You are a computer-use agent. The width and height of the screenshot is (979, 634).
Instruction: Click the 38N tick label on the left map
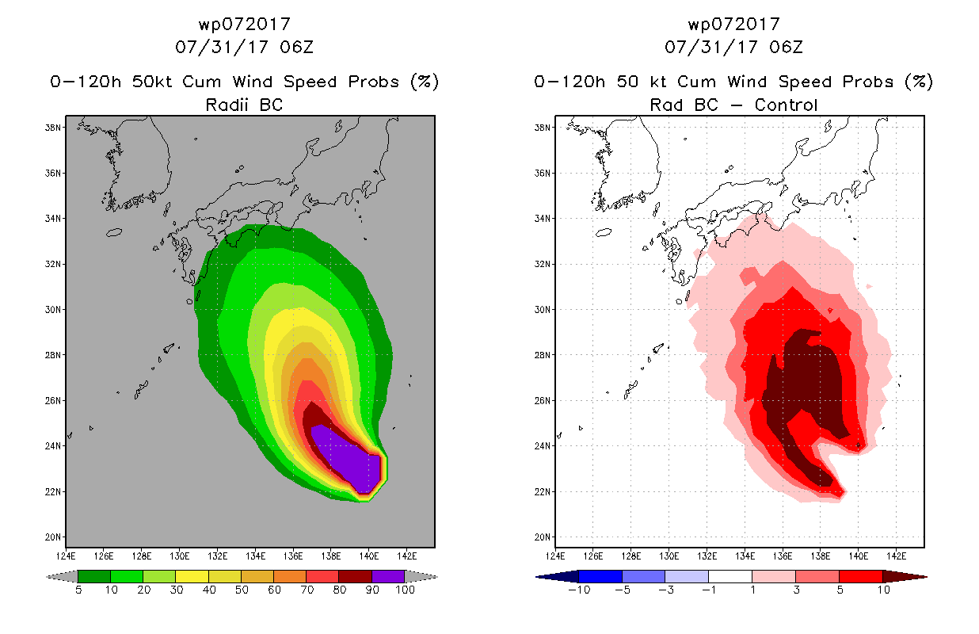pyautogui.click(x=52, y=128)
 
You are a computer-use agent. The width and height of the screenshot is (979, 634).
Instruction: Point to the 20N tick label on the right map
pyautogui.click(x=542, y=537)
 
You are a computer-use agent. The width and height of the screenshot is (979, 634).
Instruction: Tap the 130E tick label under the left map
pyautogui.click(x=180, y=556)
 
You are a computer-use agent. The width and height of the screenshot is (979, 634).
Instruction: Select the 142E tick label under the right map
pyautogui.click(x=897, y=556)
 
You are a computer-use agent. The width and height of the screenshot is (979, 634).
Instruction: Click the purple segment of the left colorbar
pyautogui.click(x=389, y=576)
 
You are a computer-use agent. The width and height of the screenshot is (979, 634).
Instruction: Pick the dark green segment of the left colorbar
pyautogui.click(x=94, y=576)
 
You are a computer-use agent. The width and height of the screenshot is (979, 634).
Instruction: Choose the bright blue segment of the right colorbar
pyautogui.click(x=600, y=576)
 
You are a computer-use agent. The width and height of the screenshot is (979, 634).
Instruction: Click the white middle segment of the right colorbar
pyautogui.click(x=730, y=576)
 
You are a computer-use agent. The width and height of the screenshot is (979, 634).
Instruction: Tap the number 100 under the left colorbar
pyautogui.click(x=406, y=590)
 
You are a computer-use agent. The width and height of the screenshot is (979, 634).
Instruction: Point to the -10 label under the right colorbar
pyautogui.click(x=579, y=590)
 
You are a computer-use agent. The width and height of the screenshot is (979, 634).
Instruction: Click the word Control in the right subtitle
pyautogui.click(x=786, y=105)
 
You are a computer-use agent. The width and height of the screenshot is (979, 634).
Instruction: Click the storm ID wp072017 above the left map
pyautogui.click(x=245, y=25)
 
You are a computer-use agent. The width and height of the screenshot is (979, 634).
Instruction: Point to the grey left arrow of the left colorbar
pyautogui.click(x=62, y=577)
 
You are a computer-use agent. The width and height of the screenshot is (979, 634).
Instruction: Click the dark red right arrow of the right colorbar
pyautogui.click(x=905, y=577)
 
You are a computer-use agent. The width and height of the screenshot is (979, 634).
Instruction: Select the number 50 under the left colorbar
pyautogui.click(x=242, y=590)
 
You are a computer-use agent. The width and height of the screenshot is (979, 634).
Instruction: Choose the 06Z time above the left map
pyautogui.click(x=297, y=47)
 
